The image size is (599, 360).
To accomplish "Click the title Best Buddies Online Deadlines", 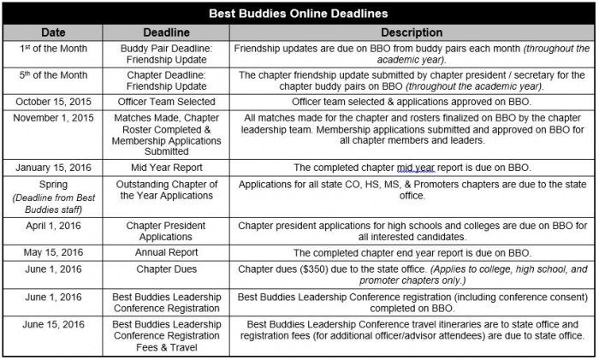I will tap(299, 14).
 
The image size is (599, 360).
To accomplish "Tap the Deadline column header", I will tap(165, 32).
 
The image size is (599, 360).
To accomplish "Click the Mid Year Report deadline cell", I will tap(165, 168).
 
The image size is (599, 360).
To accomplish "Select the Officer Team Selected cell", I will tap(165, 102).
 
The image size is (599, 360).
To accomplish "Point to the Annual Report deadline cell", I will tap(165, 252).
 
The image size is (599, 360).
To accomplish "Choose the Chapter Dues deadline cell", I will tap(165, 269).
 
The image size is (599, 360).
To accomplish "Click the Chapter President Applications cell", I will tap(165, 232).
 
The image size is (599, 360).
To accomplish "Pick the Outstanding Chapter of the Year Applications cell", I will tap(165, 190).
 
